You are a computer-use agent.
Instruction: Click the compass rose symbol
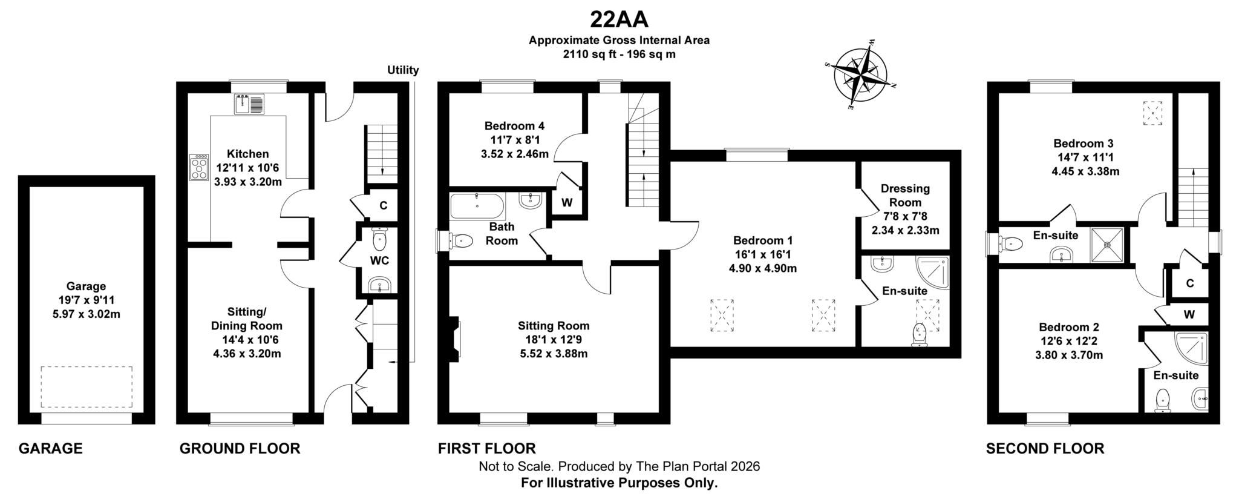(x=860, y=75)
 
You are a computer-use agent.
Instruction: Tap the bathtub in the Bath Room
(x=477, y=207)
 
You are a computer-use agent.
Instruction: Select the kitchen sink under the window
(x=249, y=104)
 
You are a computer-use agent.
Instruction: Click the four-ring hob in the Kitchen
(x=198, y=168)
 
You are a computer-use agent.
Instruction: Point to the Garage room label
(x=86, y=286)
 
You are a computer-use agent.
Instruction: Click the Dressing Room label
(x=905, y=196)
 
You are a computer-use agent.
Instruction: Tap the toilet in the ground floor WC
(x=379, y=240)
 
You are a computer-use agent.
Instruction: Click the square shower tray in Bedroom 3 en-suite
(x=1108, y=245)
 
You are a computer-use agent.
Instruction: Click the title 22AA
(x=619, y=20)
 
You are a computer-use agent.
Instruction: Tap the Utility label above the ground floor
(x=403, y=70)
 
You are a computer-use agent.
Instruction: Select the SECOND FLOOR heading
(x=1045, y=449)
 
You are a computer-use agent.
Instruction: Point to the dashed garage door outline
(x=87, y=387)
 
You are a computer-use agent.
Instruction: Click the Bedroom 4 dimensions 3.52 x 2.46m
(x=515, y=154)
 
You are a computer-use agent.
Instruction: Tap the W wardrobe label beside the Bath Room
(x=566, y=203)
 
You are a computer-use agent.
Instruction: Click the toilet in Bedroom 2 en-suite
(x=1162, y=401)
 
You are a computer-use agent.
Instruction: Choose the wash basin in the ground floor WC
(x=379, y=284)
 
